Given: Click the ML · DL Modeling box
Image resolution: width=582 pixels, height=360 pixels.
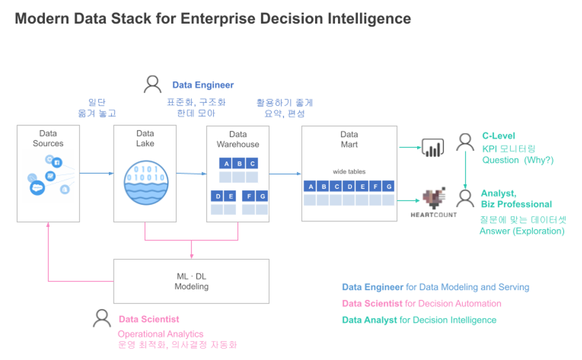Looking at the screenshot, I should coord(191,281).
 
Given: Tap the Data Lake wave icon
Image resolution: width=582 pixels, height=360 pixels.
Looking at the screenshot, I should coord(144,183).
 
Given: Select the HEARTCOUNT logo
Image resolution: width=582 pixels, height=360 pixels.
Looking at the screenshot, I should coord(434,203).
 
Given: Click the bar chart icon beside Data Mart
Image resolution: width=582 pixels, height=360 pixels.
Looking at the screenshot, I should coord(432,147).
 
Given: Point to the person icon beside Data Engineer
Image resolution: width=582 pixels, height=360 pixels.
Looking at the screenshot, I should coord(153,84).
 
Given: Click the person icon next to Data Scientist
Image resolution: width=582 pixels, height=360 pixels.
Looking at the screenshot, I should coord(102,319).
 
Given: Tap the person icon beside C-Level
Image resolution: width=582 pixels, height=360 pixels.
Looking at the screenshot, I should coord(465,142).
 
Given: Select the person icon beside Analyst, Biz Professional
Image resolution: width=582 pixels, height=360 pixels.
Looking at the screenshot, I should coord(465,198).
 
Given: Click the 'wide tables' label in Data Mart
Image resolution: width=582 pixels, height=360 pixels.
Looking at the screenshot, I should coord(349,171).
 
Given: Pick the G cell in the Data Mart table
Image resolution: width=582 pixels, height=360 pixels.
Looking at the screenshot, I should coord(388,187).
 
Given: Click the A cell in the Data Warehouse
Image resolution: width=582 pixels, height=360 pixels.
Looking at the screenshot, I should coord(226,163).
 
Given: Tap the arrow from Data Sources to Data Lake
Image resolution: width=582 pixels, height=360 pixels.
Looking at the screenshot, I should coord(96,173).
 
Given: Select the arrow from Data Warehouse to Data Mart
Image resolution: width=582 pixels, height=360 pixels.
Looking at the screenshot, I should coord(285,174).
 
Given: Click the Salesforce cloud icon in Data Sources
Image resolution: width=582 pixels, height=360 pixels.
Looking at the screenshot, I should coord(37,188).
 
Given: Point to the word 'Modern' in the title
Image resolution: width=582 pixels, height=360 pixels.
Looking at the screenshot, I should coord(40,19).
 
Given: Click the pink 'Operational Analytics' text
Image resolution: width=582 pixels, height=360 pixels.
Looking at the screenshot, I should coord(161,334).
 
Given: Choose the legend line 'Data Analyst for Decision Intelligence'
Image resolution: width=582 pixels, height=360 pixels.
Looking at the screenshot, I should coord(419,320).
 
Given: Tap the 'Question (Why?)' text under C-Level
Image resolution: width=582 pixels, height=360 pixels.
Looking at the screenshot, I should coord(517,160).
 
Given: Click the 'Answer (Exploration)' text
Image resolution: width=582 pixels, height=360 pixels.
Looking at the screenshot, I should coord(522,231).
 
